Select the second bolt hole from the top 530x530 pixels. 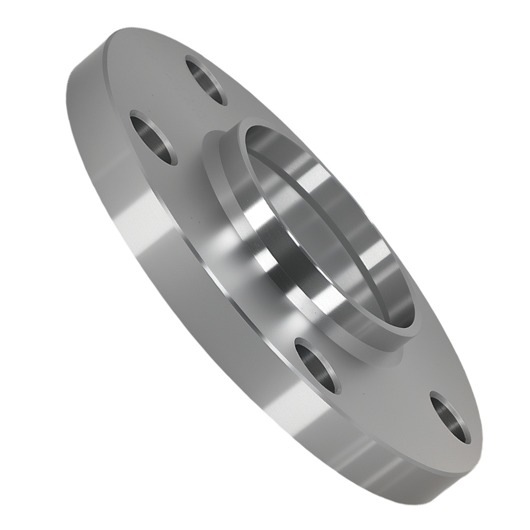(153, 137)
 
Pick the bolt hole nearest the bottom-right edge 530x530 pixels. (450, 417)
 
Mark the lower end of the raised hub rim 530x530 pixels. (403, 339)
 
